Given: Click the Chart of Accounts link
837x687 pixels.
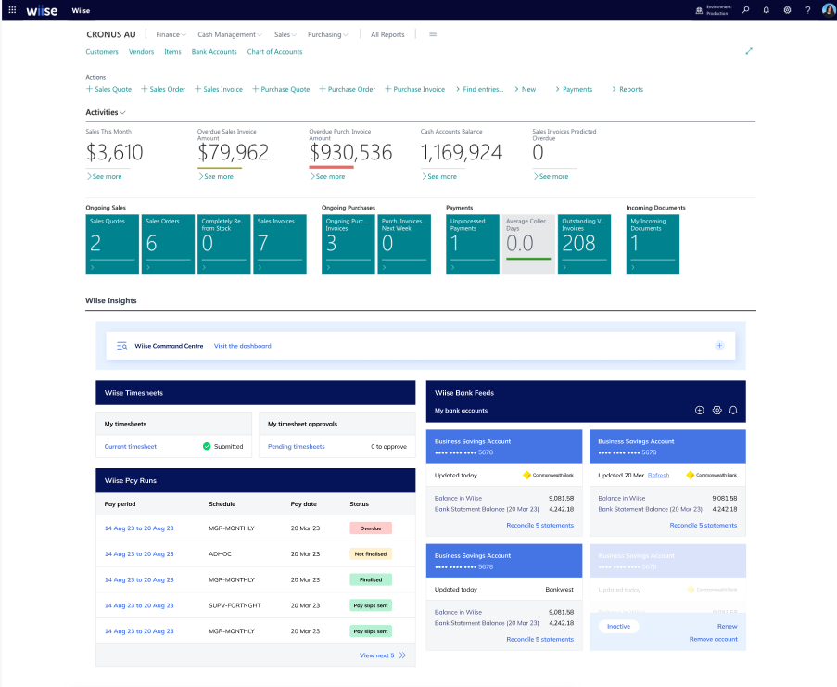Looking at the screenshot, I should [x=274, y=52].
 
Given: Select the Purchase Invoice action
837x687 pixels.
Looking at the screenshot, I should [x=415, y=89].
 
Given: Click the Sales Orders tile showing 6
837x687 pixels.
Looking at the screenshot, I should [x=168, y=244].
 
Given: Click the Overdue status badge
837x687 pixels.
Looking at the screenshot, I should [x=371, y=528].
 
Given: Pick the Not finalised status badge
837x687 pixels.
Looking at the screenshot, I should [x=371, y=553].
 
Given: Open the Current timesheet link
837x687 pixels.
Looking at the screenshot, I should [x=130, y=446].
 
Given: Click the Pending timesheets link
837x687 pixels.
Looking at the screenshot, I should [x=296, y=446].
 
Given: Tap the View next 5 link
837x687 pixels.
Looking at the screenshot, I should [x=377, y=655].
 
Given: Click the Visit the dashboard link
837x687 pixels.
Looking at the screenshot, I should [x=243, y=346].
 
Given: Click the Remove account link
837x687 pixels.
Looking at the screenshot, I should [x=713, y=639].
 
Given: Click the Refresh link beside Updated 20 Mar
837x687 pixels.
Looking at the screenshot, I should [x=658, y=475].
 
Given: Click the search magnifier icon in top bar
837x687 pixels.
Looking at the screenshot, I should [x=745, y=9].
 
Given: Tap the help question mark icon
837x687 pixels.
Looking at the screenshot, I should [x=807, y=9].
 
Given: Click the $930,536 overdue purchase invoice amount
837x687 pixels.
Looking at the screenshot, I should [x=350, y=153].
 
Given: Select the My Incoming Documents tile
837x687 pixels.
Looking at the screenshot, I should [x=653, y=244].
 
